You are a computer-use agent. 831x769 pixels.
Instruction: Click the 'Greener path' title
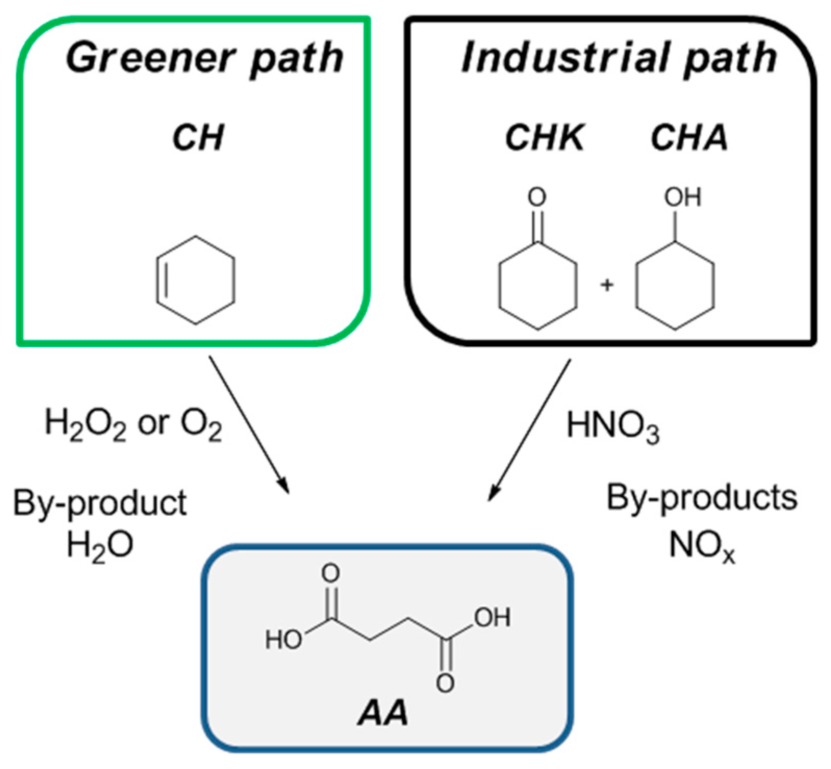[x=204, y=58]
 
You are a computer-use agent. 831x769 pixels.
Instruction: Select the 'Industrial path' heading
[x=619, y=58]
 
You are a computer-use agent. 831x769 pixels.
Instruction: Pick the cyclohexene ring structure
[x=196, y=281]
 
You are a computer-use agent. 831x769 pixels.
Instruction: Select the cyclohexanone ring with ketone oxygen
[x=538, y=286]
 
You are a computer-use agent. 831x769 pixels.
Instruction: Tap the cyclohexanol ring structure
[x=675, y=286]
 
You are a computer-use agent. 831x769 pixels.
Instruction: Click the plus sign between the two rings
[x=607, y=284]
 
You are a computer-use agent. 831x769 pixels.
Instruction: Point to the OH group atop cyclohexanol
[x=682, y=198]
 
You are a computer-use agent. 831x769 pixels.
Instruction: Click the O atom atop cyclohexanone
[x=537, y=198]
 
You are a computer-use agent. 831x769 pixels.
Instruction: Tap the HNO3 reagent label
[x=612, y=426]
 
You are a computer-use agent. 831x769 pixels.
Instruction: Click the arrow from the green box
[x=249, y=424]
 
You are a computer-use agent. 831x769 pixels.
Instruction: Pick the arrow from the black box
[x=530, y=429]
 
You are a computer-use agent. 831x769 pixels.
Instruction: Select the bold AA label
[x=382, y=713]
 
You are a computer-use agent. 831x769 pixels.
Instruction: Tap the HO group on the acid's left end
[x=283, y=640]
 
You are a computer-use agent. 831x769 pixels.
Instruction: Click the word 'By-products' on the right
[x=701, y=498]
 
